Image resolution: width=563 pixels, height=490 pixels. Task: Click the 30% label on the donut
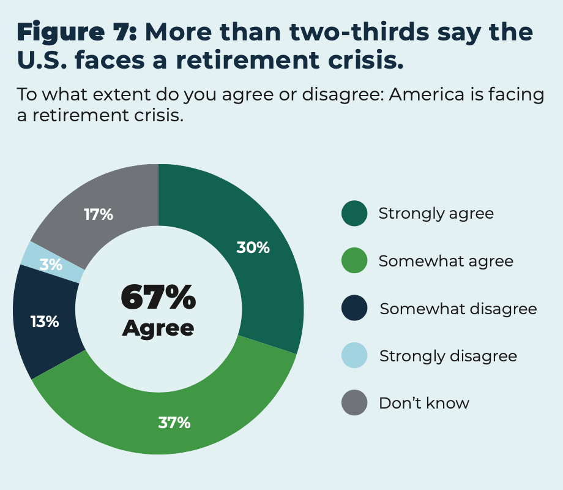click(253, 247)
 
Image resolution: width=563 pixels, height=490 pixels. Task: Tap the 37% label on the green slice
click(174, 422)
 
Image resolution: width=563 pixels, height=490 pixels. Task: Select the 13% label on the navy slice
click(45, 321)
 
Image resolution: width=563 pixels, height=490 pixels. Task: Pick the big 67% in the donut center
click(158, 298)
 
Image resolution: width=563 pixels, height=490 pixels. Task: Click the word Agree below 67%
click(158, 328)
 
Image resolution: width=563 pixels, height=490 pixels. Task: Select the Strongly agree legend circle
click(354, 213)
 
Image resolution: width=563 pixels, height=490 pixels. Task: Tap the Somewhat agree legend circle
click(354, 261)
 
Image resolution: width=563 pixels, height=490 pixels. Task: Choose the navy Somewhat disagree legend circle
click(354, 308)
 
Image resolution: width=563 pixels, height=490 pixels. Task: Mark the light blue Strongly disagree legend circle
click(354, 355)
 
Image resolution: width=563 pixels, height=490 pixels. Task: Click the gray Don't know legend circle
click(354, 403)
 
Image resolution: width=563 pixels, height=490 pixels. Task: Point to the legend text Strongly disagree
click(448, 355)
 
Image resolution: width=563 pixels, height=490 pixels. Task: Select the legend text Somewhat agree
click(446, 261)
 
